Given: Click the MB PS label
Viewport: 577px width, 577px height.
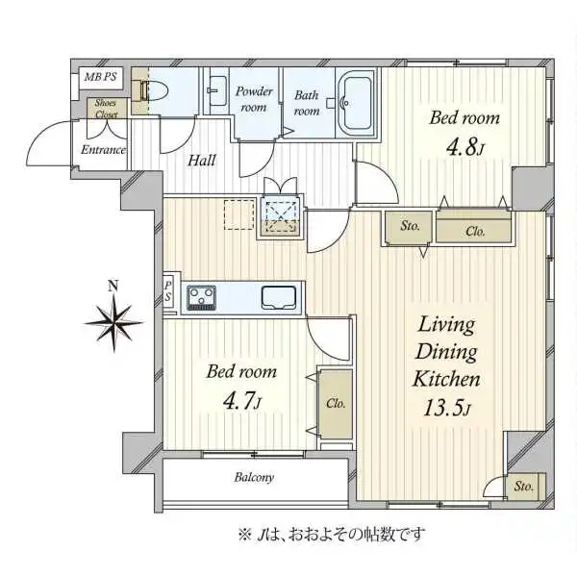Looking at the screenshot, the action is click(x=100, y=77).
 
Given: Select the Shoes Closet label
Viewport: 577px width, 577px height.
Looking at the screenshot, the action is click(x=107, y=109).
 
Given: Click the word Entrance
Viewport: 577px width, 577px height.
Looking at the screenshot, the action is click(x=104, y=150).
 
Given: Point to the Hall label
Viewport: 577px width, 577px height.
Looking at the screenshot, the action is click(x=202, y=161).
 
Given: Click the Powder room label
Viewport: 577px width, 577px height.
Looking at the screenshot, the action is click(x=254, y=99).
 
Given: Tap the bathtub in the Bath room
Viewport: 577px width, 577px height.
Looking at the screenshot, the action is click(x=356, y=103).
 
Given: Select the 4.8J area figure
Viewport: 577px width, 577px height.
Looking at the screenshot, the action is click(x=464, y=147).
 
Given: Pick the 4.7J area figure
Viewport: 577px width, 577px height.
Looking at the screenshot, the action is click(x=242, y=401).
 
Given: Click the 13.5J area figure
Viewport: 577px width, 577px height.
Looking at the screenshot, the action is click(x=447, y=408).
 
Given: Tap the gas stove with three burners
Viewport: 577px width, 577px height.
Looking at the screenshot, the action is click(x=201, y=297).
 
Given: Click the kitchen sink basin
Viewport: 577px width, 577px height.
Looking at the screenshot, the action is click(x=279, y=297).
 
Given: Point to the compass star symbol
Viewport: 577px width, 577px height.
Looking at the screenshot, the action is click(x=113, y=323).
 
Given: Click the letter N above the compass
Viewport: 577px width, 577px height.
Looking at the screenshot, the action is click(x=113, y=286).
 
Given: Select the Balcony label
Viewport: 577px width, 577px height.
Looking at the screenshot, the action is click(x=254, y=477).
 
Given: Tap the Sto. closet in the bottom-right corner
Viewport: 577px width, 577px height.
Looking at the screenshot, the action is click(x=523, y=487).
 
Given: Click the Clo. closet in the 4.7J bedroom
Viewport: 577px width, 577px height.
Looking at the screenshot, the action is click(x=336, y=404).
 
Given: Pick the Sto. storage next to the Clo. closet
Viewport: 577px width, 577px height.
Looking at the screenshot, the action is click(x=410, y=227).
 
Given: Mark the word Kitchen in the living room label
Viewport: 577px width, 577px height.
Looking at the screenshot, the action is click(x=446, y=379).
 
